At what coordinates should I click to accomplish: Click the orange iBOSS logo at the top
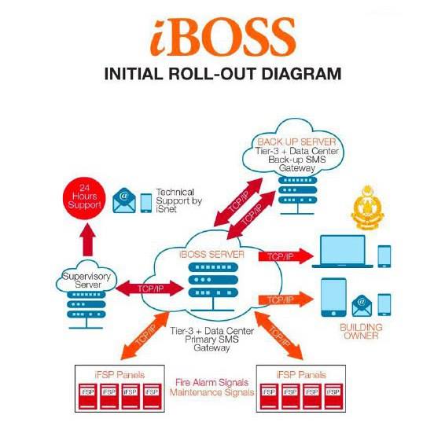pyautogui.click(x=223, y=37)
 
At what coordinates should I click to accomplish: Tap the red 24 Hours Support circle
pyautogui.click(x=84, y=198)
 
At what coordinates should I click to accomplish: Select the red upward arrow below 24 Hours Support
pyautogui.click(x=88, y=240)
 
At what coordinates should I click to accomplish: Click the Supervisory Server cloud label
pyautogui.click(x=86, y=281)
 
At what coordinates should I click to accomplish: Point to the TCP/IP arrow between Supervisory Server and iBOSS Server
pyautogui.click(x=150, y=288)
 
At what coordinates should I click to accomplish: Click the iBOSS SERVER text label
pyautogui.click(x=211, y=254)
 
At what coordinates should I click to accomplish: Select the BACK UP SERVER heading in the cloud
pyautogui.click(x=296, y=142)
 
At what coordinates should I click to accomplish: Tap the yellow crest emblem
pyautogui.click(x=367, y=208)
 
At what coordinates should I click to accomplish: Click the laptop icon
pyautogui.click(x=343, y=252)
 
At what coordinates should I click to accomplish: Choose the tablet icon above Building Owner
pyautogui.click(x=333, y=297)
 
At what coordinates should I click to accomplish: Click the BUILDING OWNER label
pyautogui.click(x=361, y=332)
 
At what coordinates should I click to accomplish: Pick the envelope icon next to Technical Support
pyautogui.click(x=124, y=200)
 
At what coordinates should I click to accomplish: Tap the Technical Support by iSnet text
pyautogui.click(x=178, y=200)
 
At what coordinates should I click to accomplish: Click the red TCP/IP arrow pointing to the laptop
pyautogui.click(x=285, y=256)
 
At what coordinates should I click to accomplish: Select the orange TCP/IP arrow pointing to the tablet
pyautogui.click(x=285, y=300)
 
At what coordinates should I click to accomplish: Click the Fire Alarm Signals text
pyautogui.click(x=211, y=383)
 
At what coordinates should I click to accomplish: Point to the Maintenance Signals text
pyautogui.click(x=211, y=392)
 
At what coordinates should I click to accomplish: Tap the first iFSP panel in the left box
pyautogui.click(x=87, y=396)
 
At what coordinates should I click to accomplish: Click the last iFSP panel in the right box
pyautogui.click(x=333, y=396)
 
